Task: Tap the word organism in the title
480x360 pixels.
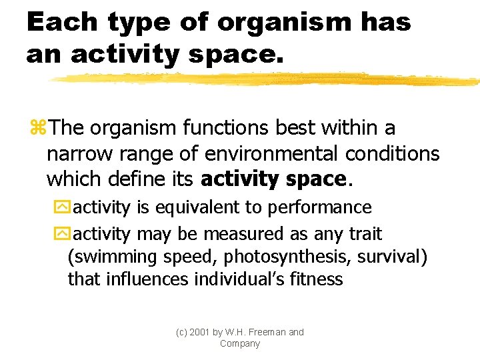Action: [x=283, y=23]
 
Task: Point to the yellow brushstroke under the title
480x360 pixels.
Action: [x=267, y=79]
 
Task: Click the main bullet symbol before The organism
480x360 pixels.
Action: [x=37, y=127]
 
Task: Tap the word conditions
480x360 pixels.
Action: [x=393, y=154]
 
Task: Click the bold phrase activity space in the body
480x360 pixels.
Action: [x=273, y=180]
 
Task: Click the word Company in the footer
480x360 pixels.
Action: [x=239, y=343]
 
